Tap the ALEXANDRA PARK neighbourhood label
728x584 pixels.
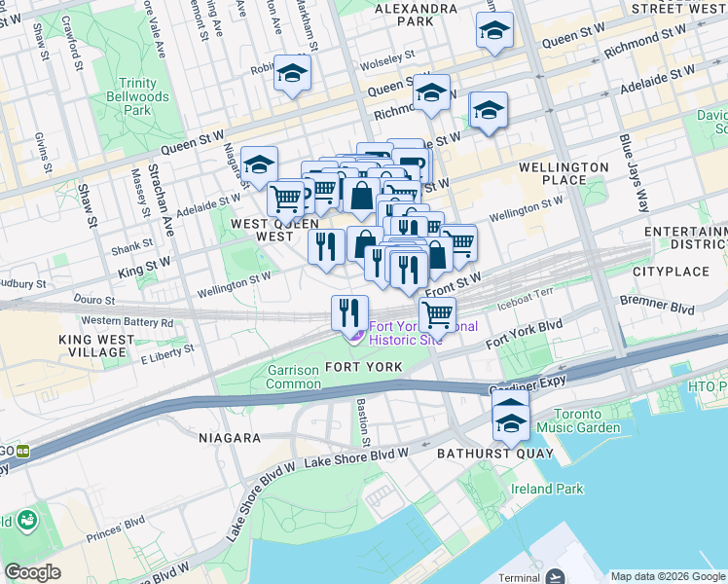click(415, 14)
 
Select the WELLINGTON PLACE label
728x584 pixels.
click(564, 173)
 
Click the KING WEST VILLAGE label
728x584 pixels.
click(97, 346)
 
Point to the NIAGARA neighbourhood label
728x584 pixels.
click(228, 438)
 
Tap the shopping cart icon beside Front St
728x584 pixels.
click(438, 314)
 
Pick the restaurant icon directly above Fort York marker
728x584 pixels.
click(348, 311)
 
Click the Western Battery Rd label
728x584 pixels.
click(127, 321)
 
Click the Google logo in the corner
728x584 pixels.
click(33, 572)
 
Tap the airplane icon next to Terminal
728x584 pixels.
click(556, 577)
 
